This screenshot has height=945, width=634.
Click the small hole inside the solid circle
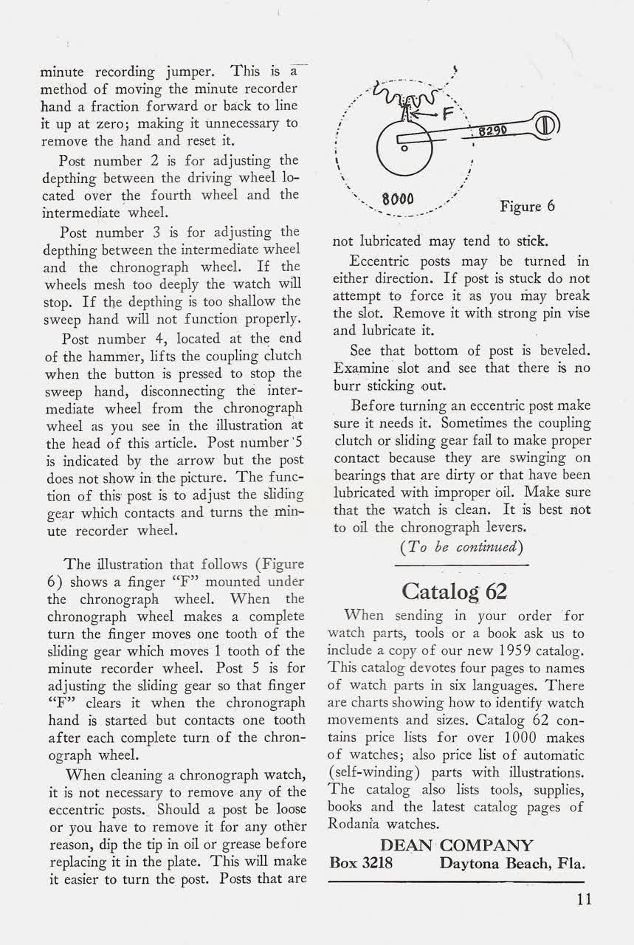tap(404, 148)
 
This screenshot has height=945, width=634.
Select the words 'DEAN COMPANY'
tap(456, 845)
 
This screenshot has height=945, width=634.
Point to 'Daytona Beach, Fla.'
tap(512, 863)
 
